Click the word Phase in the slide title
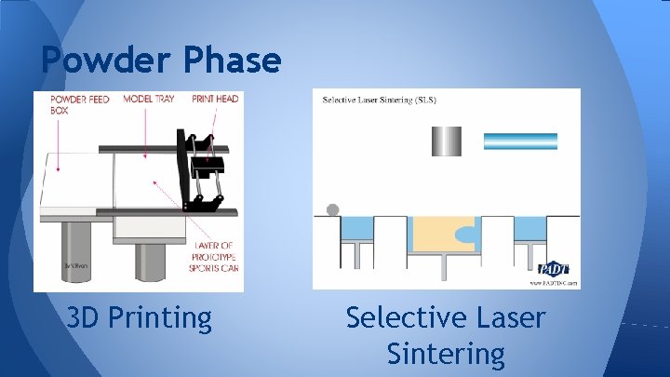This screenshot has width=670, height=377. (x=233, y=61)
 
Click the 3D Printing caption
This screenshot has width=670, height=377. (x=140, y=318)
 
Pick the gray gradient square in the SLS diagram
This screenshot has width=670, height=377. (x=446, y=141)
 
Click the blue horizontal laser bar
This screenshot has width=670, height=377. (x=520, y=141)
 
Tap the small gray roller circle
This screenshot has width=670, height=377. (x=332, y=209)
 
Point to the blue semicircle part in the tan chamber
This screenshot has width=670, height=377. (x=465, y=234)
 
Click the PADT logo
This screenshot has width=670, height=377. (x=554, y=269)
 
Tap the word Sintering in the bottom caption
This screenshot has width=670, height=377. (x=446, y=354)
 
